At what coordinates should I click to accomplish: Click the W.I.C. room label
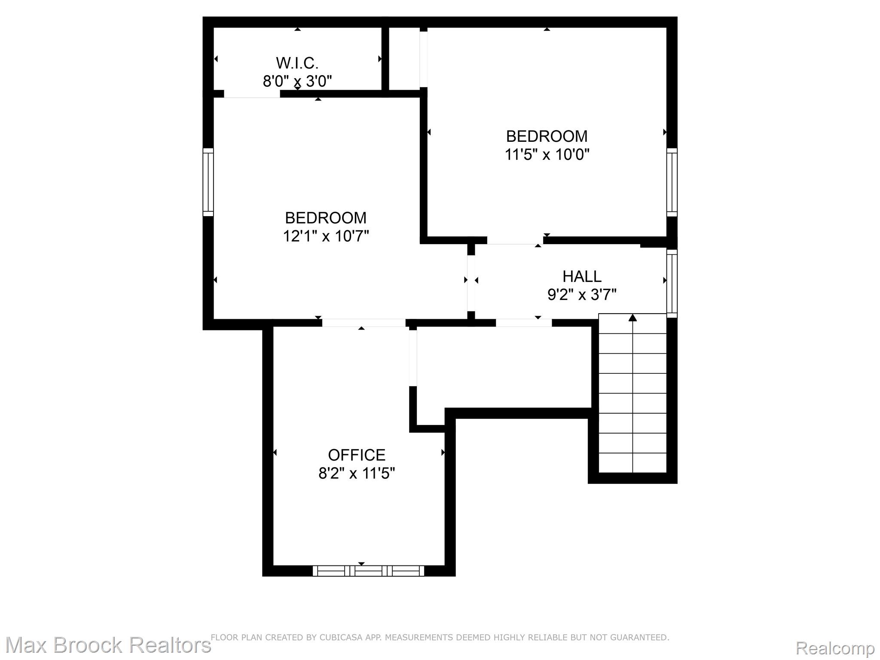(x=297, y=63)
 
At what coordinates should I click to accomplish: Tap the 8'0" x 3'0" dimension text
(x=297, y=81)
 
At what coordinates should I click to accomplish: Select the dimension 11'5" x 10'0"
(x=547, y=154)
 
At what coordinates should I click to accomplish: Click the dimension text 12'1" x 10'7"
(x=326, y=236)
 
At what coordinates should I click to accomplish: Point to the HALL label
(x=582, y=276)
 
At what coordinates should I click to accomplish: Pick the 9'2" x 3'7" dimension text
(x=582, y=295)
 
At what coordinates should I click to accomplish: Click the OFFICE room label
(x=357, y=455)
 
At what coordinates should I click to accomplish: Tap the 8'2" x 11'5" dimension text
(x=357, y=473)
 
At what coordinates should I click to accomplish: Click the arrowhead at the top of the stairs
(x=632, y=318)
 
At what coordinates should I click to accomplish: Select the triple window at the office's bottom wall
(x=368, y=571)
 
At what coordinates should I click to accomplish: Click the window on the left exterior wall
(x=208, y=182)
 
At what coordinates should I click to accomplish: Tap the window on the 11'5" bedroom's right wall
(x=672, y=182)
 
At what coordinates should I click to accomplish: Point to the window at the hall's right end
(x=672, y=283)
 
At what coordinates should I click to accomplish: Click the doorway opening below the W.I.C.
(x=252, y=94)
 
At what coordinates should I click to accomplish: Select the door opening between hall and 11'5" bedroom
(x=515, y=240)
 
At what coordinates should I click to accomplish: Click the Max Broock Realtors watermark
(x=108, y=645)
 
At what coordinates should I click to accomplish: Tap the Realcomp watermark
(x=835, y=648)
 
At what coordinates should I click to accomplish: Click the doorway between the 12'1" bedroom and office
(x=364, y=323)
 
